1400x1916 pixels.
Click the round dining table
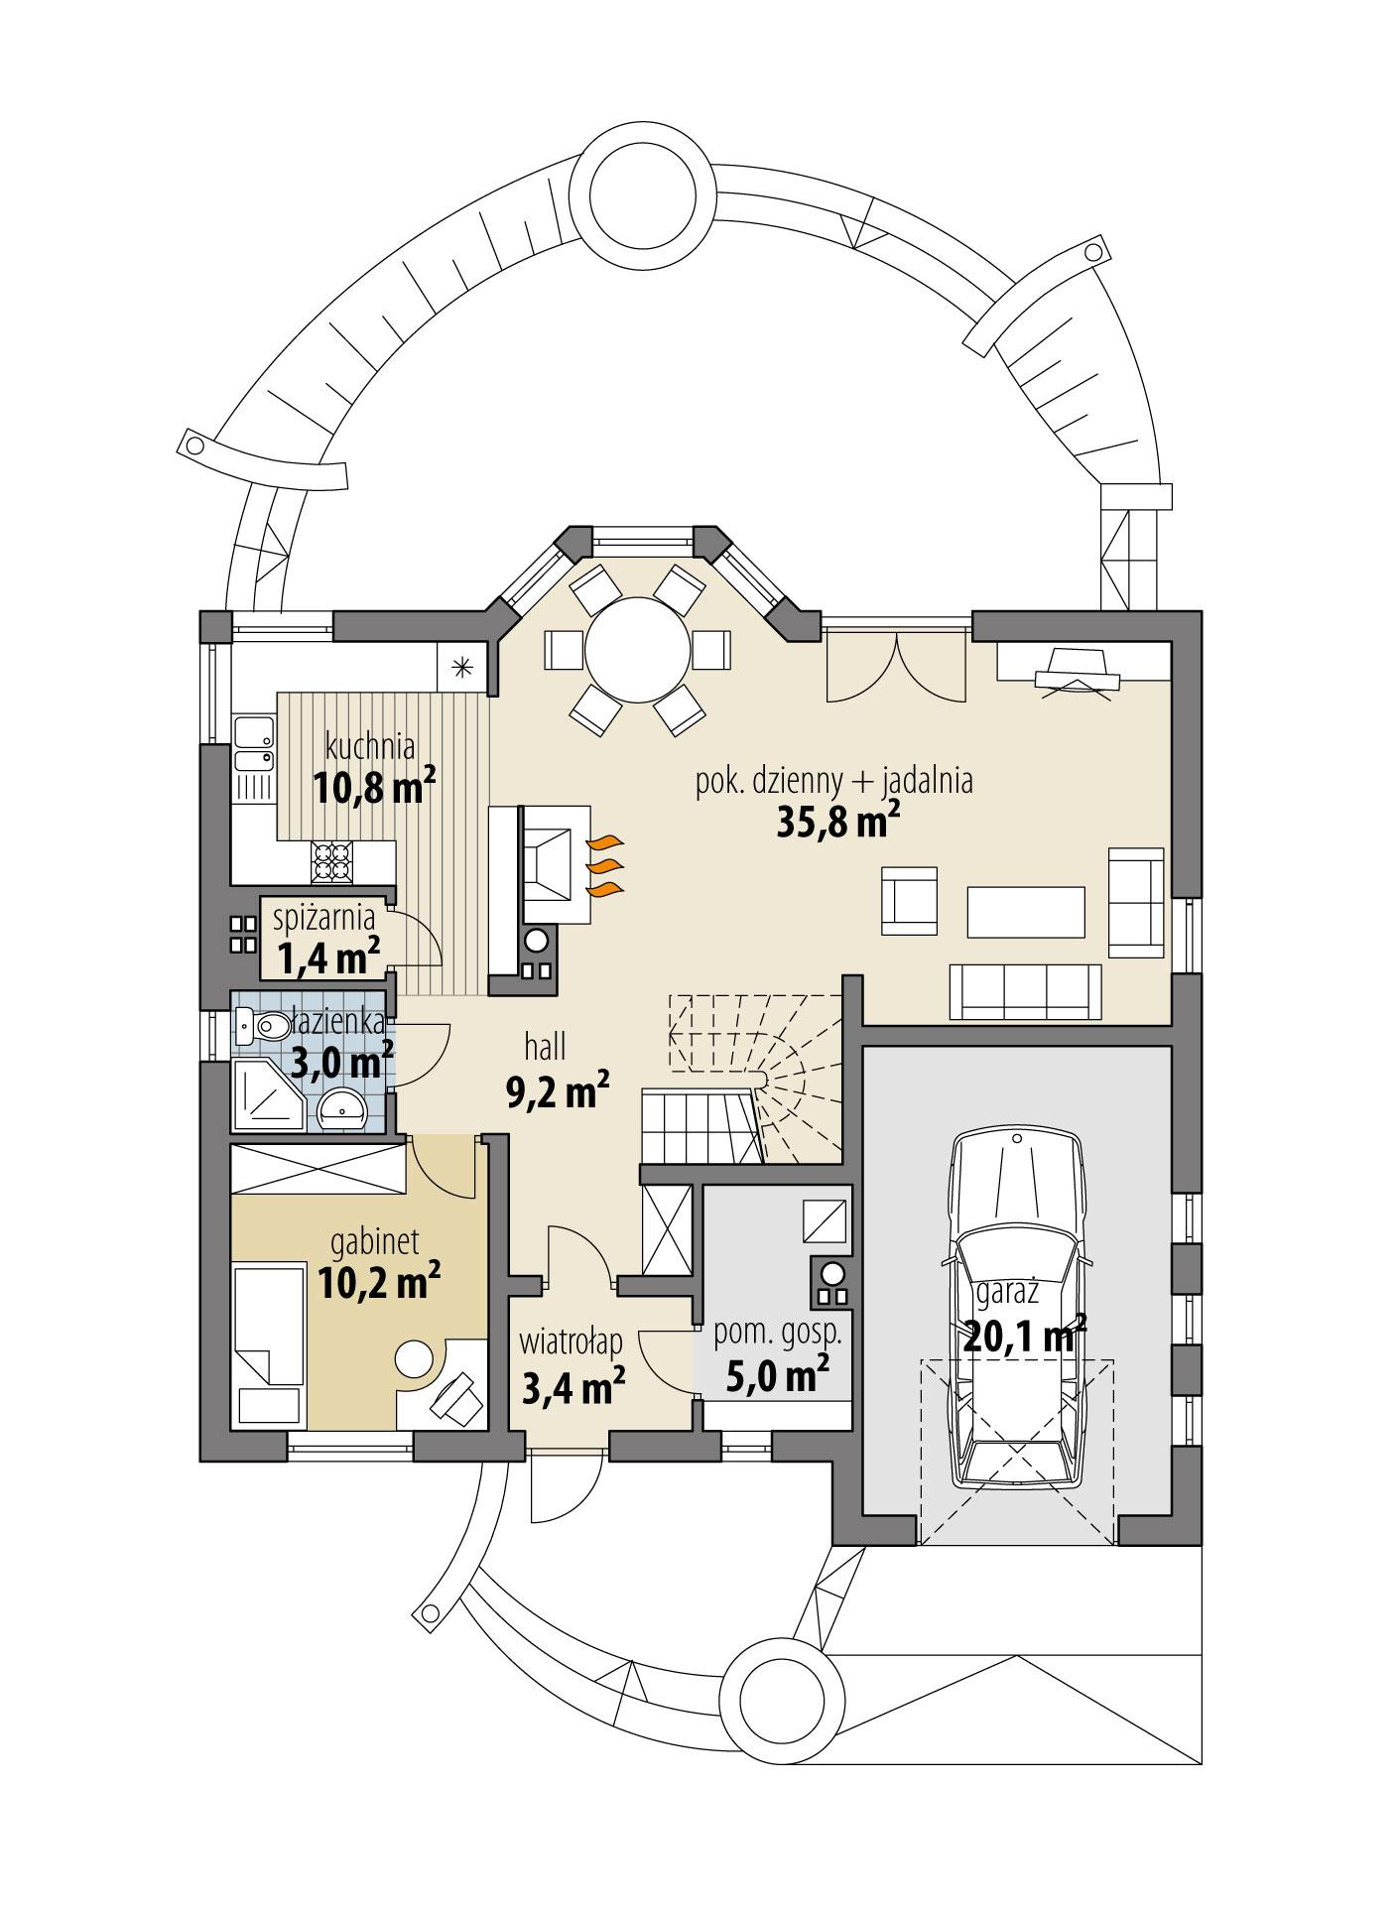[x=637, y=651]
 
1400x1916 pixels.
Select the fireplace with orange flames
[x=556, y=852]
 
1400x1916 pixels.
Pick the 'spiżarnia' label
[x=325, y=918]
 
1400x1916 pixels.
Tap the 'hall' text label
[x=546, y=1046]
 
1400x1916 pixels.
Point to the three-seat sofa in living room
[x=1025, y=990]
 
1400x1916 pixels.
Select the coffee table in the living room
[x=1025, y=911]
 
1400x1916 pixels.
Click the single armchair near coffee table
[x=909, y=900]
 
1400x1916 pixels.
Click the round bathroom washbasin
[x=343, y=1108]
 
